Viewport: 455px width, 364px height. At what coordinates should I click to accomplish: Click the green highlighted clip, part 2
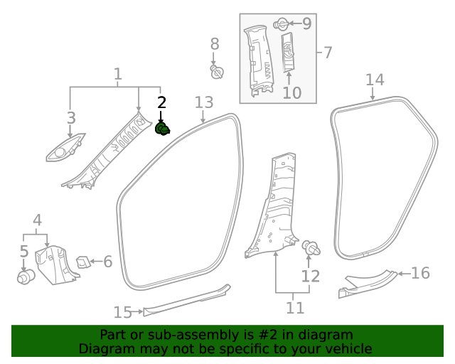coord(163,129)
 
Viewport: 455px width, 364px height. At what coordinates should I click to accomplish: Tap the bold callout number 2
coord(161,103)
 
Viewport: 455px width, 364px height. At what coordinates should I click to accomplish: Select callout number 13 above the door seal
coord(204,102)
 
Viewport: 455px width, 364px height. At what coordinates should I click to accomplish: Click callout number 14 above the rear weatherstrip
coord(375,80)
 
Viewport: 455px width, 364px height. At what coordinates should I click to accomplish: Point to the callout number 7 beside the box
coord(327,53)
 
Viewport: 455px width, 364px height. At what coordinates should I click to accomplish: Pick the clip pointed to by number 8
coord(217,72)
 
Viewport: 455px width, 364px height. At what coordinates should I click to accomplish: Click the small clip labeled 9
coord(281,24)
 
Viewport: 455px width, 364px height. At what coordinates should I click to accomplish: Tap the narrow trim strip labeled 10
coord(288,52)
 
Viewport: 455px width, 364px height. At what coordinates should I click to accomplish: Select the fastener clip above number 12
coord(311,248)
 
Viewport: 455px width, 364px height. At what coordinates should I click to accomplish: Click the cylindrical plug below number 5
coord(26,277)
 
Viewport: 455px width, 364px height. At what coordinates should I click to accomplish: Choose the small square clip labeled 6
coord(83,262)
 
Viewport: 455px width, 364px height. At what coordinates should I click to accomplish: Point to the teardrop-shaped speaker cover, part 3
coord(65,147)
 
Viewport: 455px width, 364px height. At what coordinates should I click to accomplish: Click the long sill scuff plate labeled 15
coord(187,301)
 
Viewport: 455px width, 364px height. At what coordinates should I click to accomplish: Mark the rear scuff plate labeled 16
coord(368,284)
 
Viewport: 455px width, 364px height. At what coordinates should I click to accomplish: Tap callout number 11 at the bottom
coord(295,308)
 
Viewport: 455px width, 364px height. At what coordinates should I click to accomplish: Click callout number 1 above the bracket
coord(117,74)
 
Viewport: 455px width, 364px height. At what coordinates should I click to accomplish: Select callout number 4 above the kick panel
coord(38,220)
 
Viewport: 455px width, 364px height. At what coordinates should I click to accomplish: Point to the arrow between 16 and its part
coord(404,274)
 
